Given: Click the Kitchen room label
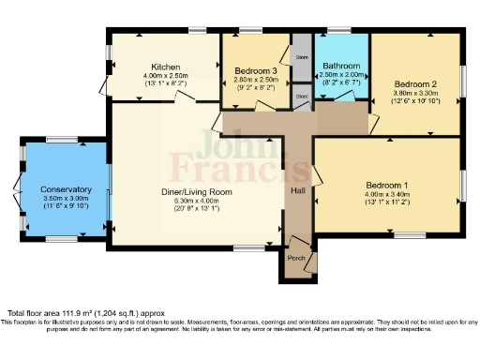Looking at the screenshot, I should point(166,67).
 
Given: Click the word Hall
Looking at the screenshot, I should point(297,189).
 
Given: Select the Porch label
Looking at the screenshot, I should point(296,259).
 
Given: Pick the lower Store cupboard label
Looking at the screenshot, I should point(301,96).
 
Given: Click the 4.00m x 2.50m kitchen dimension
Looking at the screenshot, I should point(166,75).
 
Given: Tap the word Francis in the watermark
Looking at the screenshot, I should point(239,170).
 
